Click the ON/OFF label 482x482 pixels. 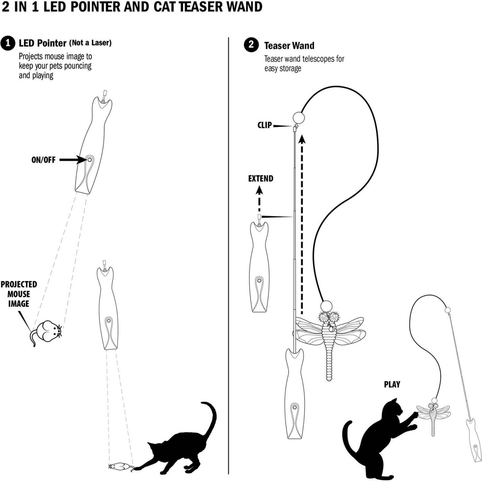pos(43,160)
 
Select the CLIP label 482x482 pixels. pos(264,125)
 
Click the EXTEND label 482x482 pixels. pos(261,179)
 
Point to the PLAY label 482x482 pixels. pos(392,384)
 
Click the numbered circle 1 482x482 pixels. pos(8,43)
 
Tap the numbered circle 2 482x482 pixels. pos(251,44)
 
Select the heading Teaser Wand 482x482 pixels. pos(289,46)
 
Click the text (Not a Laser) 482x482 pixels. pos(90,43)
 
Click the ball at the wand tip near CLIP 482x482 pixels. pos(299,118)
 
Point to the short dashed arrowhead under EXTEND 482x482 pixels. pos(259,190)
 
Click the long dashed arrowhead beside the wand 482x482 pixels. pos(302,139)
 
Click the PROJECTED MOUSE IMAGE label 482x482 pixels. pos(19,294)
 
